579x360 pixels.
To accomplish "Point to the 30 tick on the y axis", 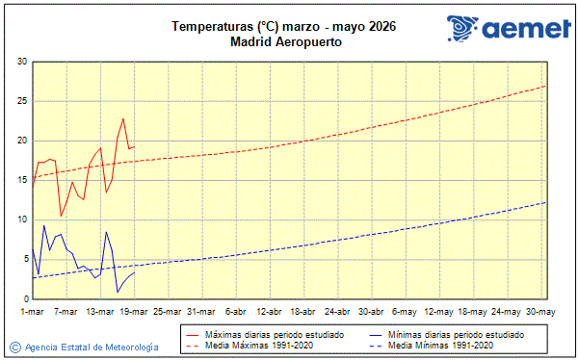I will tap(21, 62).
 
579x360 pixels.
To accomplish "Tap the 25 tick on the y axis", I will tap(21, 101).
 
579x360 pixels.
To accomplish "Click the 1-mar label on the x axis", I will tap(33, 312).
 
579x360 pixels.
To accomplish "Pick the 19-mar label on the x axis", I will tap(134, 312).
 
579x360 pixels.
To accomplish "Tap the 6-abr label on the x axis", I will tap(235, 312).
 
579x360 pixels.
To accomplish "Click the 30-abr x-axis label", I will tap(371, 312).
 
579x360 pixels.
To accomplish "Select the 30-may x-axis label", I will tap(540, 312).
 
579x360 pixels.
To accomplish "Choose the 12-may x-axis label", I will tap(439, 312).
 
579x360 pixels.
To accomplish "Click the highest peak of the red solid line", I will tap(123, 118).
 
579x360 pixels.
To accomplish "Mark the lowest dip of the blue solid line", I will tap(118, 292).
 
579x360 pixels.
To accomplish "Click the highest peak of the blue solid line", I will tap(44, 225).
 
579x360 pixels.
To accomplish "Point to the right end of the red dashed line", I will tap(546, 86).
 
